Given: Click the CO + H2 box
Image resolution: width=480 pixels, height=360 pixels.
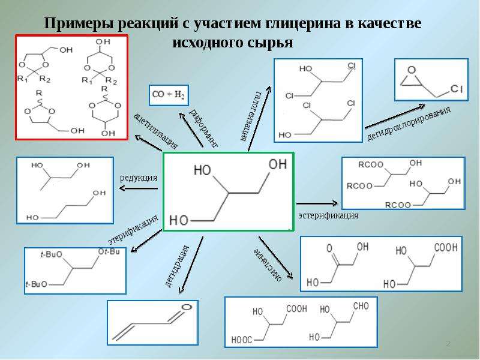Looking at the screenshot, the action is pyautogui.click(x=169, y=95).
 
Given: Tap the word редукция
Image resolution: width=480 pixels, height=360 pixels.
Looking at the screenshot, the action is pyautogui.click(x=139, y=178).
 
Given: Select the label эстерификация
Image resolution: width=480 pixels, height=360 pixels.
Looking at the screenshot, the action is pyautogui.click(x=328, y=215).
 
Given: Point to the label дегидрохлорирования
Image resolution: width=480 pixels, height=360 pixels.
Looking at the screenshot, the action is pyautogui.click(x=409, y=124).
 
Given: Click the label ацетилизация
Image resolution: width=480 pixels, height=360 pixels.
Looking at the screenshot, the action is pyautogui.click(x=155, y=131).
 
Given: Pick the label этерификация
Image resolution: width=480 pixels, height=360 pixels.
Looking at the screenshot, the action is pyautogui.click(x=133, y=229).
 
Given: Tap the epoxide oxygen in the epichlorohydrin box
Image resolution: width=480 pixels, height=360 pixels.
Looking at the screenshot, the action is pyautogui.click(x=412, y=70).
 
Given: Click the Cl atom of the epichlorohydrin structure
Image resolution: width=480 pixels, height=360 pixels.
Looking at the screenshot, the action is pyautogui.click(x=456, y=89).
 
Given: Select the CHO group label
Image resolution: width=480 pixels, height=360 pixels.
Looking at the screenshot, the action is pyautogui.click(x=361, y=306).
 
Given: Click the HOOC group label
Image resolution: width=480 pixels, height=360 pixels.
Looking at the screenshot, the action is pyautogui.click(x=242, y=340).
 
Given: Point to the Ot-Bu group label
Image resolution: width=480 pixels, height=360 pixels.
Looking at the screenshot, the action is pyautogui.click(x=109, y=251).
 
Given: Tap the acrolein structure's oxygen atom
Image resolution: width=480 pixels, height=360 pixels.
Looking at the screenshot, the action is pyautogui.click(x=187, y=307).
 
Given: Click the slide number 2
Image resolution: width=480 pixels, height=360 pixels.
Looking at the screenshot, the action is pyautogui.click(x=448, y=343).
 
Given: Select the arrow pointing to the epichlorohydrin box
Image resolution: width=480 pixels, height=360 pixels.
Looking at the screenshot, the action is pyautogui.click(x=395, y=116).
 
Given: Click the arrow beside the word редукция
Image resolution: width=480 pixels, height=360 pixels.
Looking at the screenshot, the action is pyautogui.click(x=139, y=188).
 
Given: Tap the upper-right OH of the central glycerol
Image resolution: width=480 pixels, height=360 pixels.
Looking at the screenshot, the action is pyautogui.click(x=278, y=164).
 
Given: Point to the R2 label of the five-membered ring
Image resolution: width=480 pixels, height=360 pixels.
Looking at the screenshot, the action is pyautogui.click(x=44, y=79).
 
